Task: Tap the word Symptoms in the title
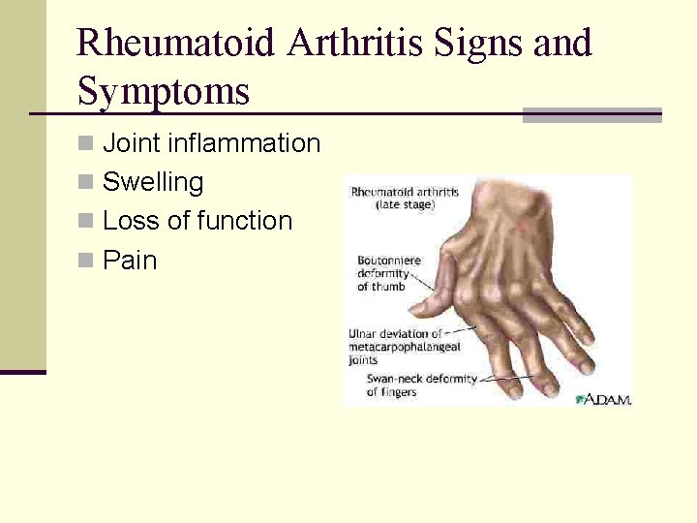[163, 92]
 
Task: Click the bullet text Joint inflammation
[211, 143]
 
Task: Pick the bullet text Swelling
[153, 182]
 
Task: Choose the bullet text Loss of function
[197, 221]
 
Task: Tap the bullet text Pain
[130, 261]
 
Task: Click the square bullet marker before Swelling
[86, 183]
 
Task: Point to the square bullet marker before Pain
[86, 261]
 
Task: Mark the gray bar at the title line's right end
[591, 114]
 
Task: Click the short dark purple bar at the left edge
[22, 371]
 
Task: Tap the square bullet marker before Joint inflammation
[86, 144]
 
